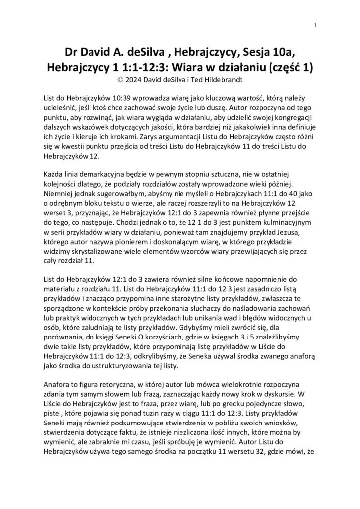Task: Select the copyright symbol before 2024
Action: (118, 79)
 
